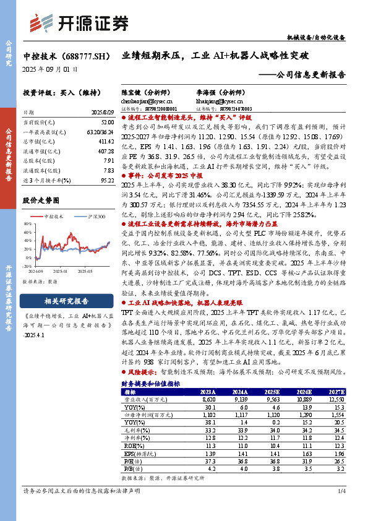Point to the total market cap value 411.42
105,141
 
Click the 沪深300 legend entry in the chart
93,216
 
